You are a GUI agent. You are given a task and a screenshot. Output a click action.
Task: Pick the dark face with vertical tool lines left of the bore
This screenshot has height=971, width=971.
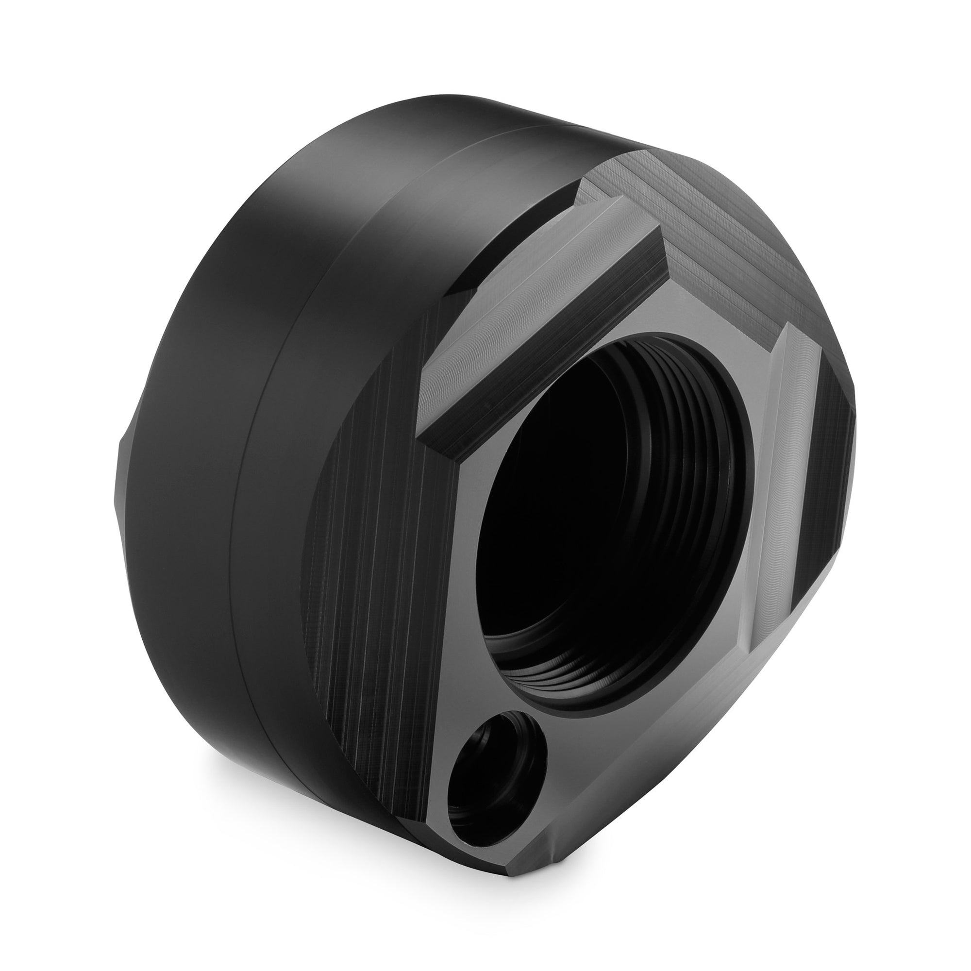pyautogui.click(x=382, y=553)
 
